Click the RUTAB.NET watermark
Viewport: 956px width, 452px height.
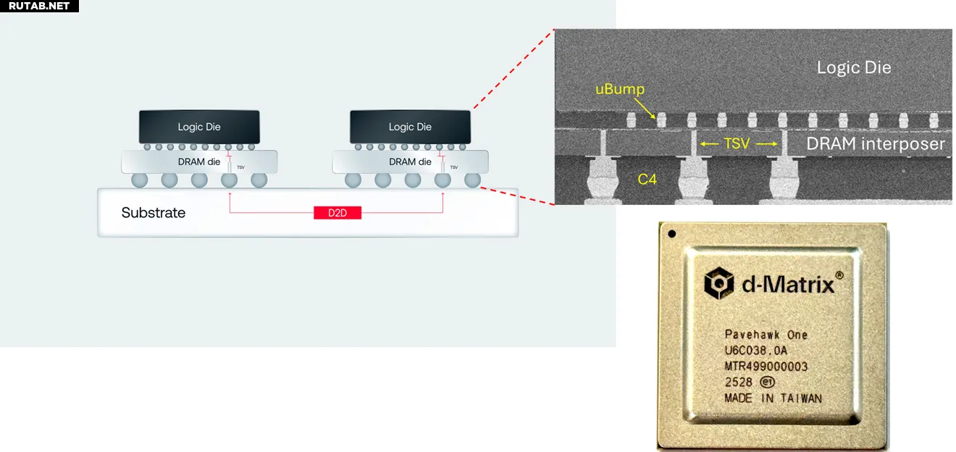click(x=39, y=6)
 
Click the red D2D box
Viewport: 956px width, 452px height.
click(x=337, y=212)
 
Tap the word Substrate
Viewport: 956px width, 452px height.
click(x=154, y=212)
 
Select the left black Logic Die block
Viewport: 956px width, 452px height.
click(x=199, y=127)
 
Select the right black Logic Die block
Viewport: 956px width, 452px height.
click(x=410, y=127)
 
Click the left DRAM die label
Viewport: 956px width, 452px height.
click(x=199, y=162)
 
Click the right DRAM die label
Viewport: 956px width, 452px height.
click(x=410, y=162)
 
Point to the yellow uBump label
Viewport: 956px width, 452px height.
click(x=620, y=89)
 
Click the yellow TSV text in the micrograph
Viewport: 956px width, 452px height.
click(x=737, y=143)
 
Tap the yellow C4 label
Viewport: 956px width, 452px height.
click(x=647, y=179)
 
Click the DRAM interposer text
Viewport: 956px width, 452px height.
click(x=876, y=144)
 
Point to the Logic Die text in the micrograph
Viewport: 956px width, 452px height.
click(x=854, y=67)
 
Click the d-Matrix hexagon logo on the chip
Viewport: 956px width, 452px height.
click(x=718, y=283)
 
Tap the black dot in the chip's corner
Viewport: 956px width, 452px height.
click(x=672, y=234)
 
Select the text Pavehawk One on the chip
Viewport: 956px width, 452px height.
click(x=766, y=335)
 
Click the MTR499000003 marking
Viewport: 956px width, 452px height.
click(x=766, y=367)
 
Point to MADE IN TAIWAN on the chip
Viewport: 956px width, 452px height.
click(x=773, y=398)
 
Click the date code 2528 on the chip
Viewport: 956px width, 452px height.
click(x=738, y=382)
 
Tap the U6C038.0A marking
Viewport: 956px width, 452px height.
click(x=756, y=351)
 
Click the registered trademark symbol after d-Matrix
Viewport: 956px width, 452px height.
click(x=839, y=275)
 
